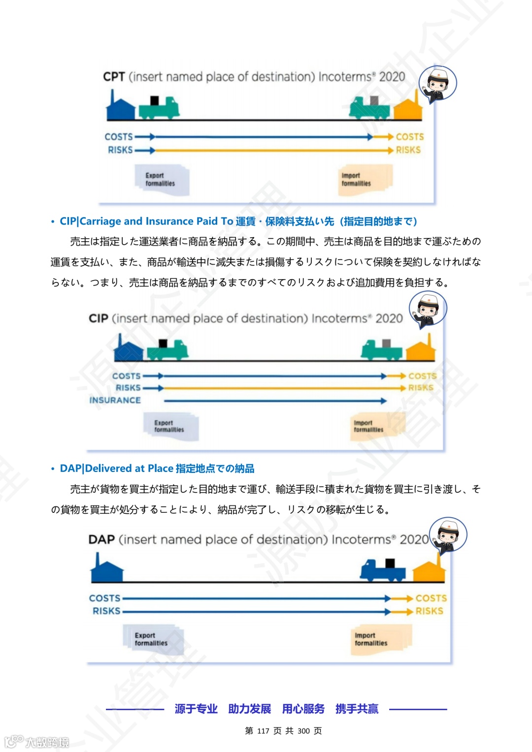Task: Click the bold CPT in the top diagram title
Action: click(x=114, y=77)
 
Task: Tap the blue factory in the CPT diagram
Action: click(x=121, y=108)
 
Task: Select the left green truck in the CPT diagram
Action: click(x=159, y=107)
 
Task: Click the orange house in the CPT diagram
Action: click(x=408, y=108)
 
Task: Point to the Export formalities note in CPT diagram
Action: click(x=161, y=180)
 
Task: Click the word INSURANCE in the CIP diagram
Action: click(x=115, y=401)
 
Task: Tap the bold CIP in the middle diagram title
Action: click(x=99, y=319)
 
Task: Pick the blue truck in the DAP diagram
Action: click(x=383, y=570)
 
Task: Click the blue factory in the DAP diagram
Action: click(x=106, y=570)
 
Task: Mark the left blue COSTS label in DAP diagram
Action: click(x=105, y=598)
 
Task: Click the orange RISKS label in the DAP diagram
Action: click(x=429, y=611)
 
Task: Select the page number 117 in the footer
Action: click(x=263, y=731)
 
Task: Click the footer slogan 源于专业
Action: click(x=196, y=709)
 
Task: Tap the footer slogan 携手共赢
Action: click(x=357, y=709)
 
